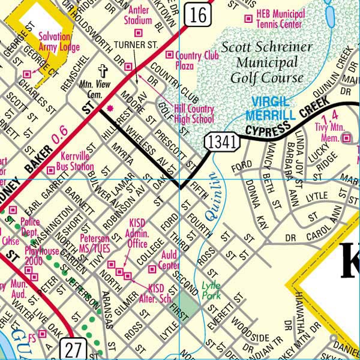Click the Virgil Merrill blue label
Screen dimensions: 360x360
point(273,108)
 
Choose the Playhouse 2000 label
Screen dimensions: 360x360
point(41,256)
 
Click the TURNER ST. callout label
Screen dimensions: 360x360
point(135,45)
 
